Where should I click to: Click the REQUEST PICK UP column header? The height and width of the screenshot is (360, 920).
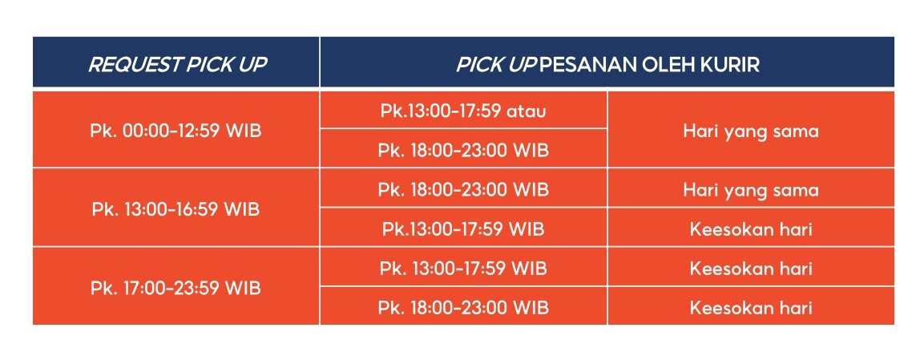pos(176,64)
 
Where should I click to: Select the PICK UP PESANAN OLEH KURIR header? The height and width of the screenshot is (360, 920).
pos(607,64)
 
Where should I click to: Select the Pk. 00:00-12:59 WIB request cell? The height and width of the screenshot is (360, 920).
pos(176,131)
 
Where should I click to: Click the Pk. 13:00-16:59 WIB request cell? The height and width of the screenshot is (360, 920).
pos(176,208)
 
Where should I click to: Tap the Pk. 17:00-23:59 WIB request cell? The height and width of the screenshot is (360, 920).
pos(176,287)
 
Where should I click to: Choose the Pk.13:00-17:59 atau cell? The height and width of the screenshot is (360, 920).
pos(463,111)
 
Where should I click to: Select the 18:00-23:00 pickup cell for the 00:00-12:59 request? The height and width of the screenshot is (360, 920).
pos(463,150)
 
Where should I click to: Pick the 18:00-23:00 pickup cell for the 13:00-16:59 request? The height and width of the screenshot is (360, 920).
pos(463,190)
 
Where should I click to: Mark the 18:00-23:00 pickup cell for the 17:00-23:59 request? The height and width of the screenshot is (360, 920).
pos(463,307)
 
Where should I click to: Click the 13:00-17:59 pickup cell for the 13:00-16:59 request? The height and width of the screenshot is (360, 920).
pos(463,229)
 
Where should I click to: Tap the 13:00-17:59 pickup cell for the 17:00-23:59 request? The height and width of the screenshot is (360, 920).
pos(463,268)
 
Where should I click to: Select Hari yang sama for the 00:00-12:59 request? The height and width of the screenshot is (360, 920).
pos(751,131)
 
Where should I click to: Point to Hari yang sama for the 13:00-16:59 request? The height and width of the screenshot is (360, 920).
pos(751,190)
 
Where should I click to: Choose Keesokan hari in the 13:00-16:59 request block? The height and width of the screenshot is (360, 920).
pos(751,229)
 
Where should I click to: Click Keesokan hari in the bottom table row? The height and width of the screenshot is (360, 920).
pos(751,307)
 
